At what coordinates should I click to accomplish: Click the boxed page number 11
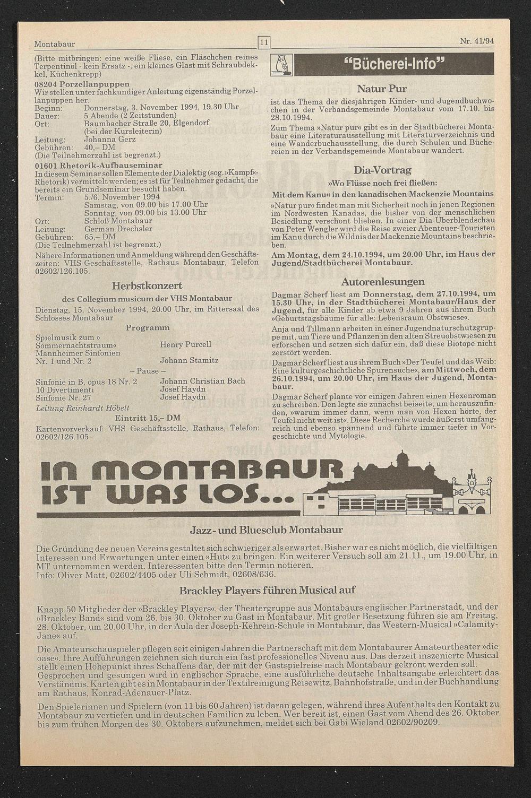264,42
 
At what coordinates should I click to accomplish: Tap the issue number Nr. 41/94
477,41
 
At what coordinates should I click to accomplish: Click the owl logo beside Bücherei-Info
281,65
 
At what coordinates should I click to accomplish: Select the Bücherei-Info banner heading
393,65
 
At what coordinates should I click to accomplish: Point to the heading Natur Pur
382,89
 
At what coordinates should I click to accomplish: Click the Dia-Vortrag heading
382,170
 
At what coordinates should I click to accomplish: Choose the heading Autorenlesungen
382,281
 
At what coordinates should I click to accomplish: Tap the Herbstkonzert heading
147,285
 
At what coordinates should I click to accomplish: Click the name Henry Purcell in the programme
185,344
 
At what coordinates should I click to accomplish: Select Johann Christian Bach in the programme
202,380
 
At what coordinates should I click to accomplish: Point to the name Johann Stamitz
189,360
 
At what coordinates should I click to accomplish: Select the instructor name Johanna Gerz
109,139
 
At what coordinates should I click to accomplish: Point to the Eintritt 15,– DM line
148,418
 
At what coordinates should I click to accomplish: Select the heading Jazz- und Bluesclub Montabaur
266,530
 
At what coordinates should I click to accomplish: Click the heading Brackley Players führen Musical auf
267,590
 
